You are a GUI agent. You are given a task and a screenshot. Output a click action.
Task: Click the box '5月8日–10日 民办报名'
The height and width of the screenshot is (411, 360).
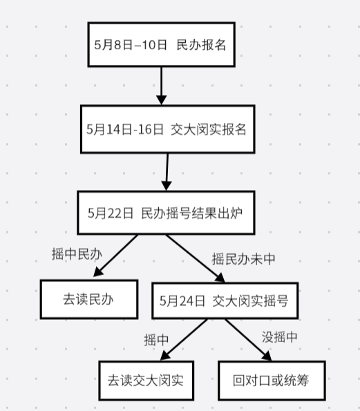(161, 45)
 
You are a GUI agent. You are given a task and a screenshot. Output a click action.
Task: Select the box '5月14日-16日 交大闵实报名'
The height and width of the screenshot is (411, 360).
(168, 129)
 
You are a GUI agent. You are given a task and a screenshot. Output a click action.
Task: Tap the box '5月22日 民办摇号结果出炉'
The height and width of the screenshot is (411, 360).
(167, 213)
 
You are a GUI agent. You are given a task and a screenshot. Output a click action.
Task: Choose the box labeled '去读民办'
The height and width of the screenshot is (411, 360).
(89, 299)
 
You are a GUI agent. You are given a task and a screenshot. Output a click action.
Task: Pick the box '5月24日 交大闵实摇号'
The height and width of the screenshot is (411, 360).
(225, 300)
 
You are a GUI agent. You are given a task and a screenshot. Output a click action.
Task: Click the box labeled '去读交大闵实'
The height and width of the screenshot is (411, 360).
(146, 381)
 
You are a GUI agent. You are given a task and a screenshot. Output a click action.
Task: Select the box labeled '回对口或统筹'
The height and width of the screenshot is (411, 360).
(272, 381)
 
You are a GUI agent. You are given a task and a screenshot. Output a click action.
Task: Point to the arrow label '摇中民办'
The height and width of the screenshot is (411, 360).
(77, 254)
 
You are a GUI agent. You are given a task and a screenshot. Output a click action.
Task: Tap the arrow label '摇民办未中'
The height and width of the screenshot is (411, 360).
(243, 259)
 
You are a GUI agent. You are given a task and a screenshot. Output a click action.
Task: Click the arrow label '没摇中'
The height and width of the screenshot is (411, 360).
(280, 337)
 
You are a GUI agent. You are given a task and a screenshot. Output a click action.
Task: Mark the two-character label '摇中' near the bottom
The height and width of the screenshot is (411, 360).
(156, 340)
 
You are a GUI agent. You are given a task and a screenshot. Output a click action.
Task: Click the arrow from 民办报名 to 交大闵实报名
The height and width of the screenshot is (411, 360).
(161, 86)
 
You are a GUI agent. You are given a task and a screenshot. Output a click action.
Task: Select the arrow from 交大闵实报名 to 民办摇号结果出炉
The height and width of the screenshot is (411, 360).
(167, 172)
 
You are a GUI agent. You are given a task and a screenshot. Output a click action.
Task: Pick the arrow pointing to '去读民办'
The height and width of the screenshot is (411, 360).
(115, 256)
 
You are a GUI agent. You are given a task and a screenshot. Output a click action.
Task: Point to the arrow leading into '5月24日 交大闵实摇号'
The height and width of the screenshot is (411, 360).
(196, 258)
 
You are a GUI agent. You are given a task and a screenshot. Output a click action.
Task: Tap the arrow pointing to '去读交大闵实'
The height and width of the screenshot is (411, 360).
(184, 340)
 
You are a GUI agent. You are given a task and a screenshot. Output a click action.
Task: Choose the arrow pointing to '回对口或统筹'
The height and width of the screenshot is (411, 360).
(248, 340)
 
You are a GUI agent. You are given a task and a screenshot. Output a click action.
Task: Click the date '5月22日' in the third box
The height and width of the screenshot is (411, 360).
(111, 213)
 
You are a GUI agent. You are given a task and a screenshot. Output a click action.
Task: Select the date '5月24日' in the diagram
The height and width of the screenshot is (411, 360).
(182, 300)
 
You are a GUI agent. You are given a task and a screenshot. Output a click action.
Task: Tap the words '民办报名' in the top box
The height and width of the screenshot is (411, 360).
(201, 45)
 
